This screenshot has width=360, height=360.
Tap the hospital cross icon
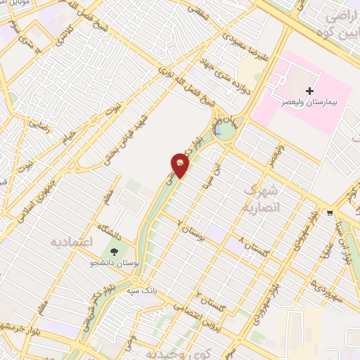click(310, 91)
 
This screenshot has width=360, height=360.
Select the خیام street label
click(68, 134)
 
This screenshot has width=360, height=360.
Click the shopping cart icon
click(330, 212)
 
